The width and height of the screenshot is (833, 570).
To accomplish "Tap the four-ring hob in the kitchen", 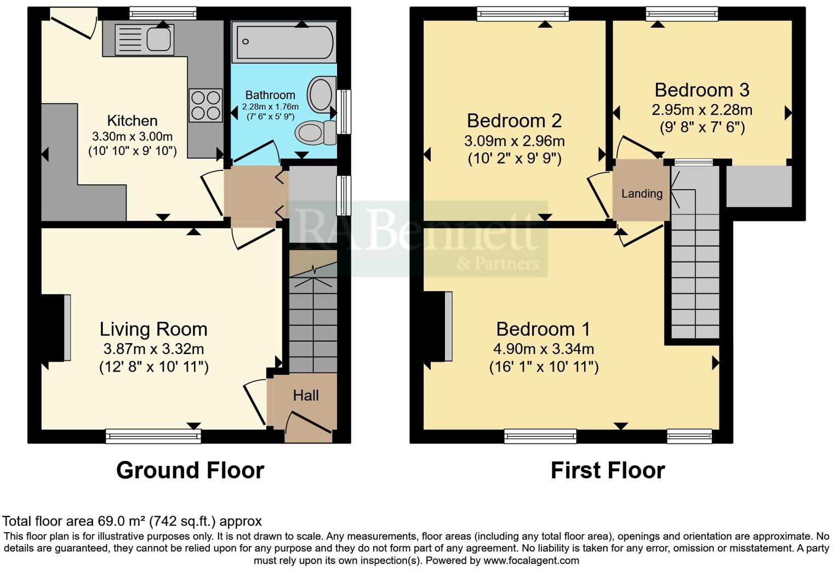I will (206, 105).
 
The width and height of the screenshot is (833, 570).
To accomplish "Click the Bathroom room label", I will (270, 95).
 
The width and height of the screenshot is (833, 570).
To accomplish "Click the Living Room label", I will (153, 329).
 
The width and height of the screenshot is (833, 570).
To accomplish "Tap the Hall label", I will (305, 395).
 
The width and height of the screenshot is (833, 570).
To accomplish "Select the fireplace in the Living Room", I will (56, 328).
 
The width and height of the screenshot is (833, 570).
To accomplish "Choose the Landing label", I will (642, 193).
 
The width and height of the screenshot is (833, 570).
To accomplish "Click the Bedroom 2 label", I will (514, 120).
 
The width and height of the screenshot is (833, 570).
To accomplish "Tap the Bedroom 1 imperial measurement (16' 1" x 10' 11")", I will (544, 366).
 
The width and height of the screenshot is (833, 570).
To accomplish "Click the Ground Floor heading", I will (190, 470).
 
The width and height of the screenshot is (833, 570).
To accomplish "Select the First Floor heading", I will (607, 470).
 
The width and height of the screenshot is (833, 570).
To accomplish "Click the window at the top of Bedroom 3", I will (682, 14).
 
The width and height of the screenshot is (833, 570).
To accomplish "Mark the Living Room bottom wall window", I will (153, 436).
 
